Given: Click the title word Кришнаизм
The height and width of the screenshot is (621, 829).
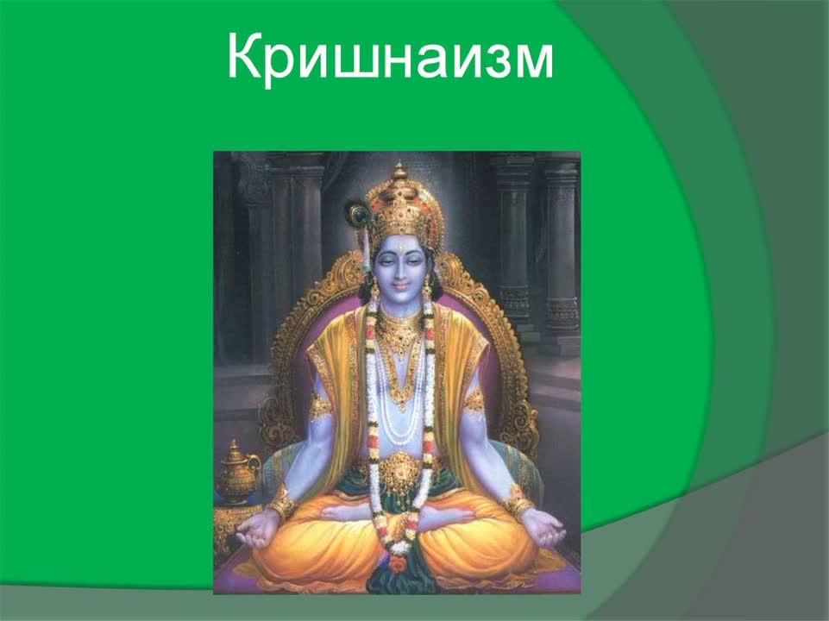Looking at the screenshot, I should click(390, 57).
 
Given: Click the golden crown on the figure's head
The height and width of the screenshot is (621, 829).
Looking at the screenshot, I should click(399, 202).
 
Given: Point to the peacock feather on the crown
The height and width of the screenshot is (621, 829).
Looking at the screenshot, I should click(357, 212).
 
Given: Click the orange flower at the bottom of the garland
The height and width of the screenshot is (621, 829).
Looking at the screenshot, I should click(398, 562).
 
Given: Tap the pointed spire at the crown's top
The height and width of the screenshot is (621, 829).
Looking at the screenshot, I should click(399, 169).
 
